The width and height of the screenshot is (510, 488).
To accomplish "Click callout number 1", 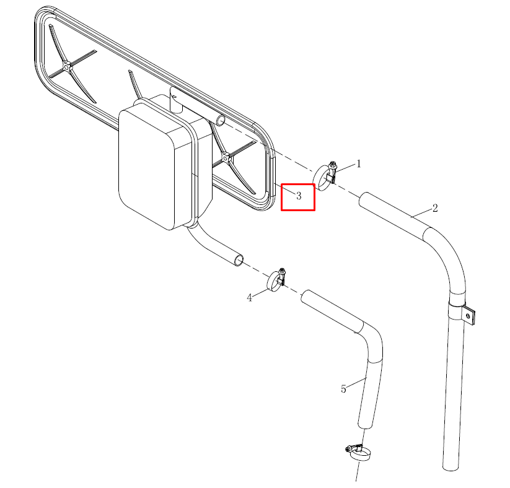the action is click(358, 164).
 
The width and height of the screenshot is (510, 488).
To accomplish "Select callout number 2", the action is click(435, 208).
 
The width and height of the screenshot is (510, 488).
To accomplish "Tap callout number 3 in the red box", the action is click(299, 196).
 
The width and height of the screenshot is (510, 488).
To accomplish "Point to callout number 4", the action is click(250, 298).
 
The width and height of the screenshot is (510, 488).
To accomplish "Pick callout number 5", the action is click(343, 389).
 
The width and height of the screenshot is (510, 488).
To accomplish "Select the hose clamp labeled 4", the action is click(276, 281).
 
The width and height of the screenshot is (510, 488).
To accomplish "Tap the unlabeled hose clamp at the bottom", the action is click(358, 452).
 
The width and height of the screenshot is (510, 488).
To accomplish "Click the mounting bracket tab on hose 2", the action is click(469, 315).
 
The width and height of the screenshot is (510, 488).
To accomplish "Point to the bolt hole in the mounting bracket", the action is click(468, 315).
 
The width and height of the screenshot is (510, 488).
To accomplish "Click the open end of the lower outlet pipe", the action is click(239, 261).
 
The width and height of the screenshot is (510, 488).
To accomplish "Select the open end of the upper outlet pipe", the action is click(221, 120).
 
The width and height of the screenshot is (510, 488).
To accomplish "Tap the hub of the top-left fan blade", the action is click(67, 67).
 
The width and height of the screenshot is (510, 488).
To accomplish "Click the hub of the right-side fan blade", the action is click(226, 158).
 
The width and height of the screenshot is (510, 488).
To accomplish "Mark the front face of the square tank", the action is click(147, 169).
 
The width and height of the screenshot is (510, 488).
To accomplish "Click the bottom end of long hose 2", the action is click(451, 466).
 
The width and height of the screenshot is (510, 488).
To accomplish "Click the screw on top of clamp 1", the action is click(333, 164).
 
